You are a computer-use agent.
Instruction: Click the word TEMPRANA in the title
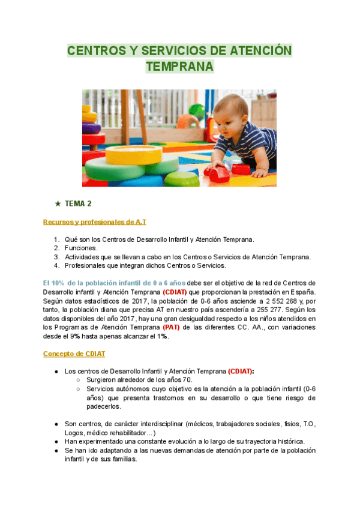tap(179, 67)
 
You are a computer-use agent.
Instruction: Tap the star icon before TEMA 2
tap(58, 203)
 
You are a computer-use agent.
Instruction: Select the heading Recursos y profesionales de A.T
tap(94, 222)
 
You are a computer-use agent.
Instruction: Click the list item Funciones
tap(81, 248)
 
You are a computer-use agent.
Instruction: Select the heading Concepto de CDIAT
tap(74, 354)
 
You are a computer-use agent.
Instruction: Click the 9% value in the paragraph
tap(86, 336)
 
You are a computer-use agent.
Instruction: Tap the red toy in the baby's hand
tap(217, 173)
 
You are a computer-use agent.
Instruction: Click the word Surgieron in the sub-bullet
tap(103, 380)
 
